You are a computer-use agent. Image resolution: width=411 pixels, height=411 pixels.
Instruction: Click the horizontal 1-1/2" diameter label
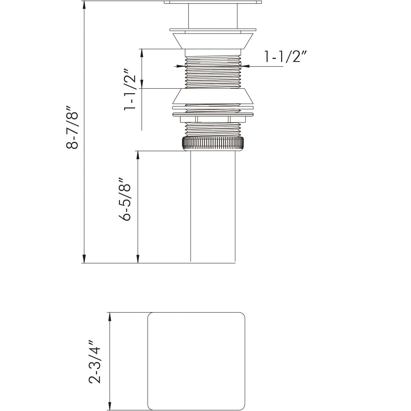pos(285,57)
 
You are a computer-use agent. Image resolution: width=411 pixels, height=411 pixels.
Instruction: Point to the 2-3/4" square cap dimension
pos(95,362)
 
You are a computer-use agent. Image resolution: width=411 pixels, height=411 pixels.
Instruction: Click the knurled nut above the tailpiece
pos(213,143)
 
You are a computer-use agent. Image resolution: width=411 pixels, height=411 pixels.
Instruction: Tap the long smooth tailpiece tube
pos(213,206)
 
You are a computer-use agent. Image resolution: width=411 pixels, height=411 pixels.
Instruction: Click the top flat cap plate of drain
pos(213,2)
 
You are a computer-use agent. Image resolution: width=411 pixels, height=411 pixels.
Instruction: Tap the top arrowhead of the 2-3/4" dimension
pos(110,316)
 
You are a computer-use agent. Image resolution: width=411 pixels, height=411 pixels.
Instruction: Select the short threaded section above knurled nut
pos(213,129)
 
